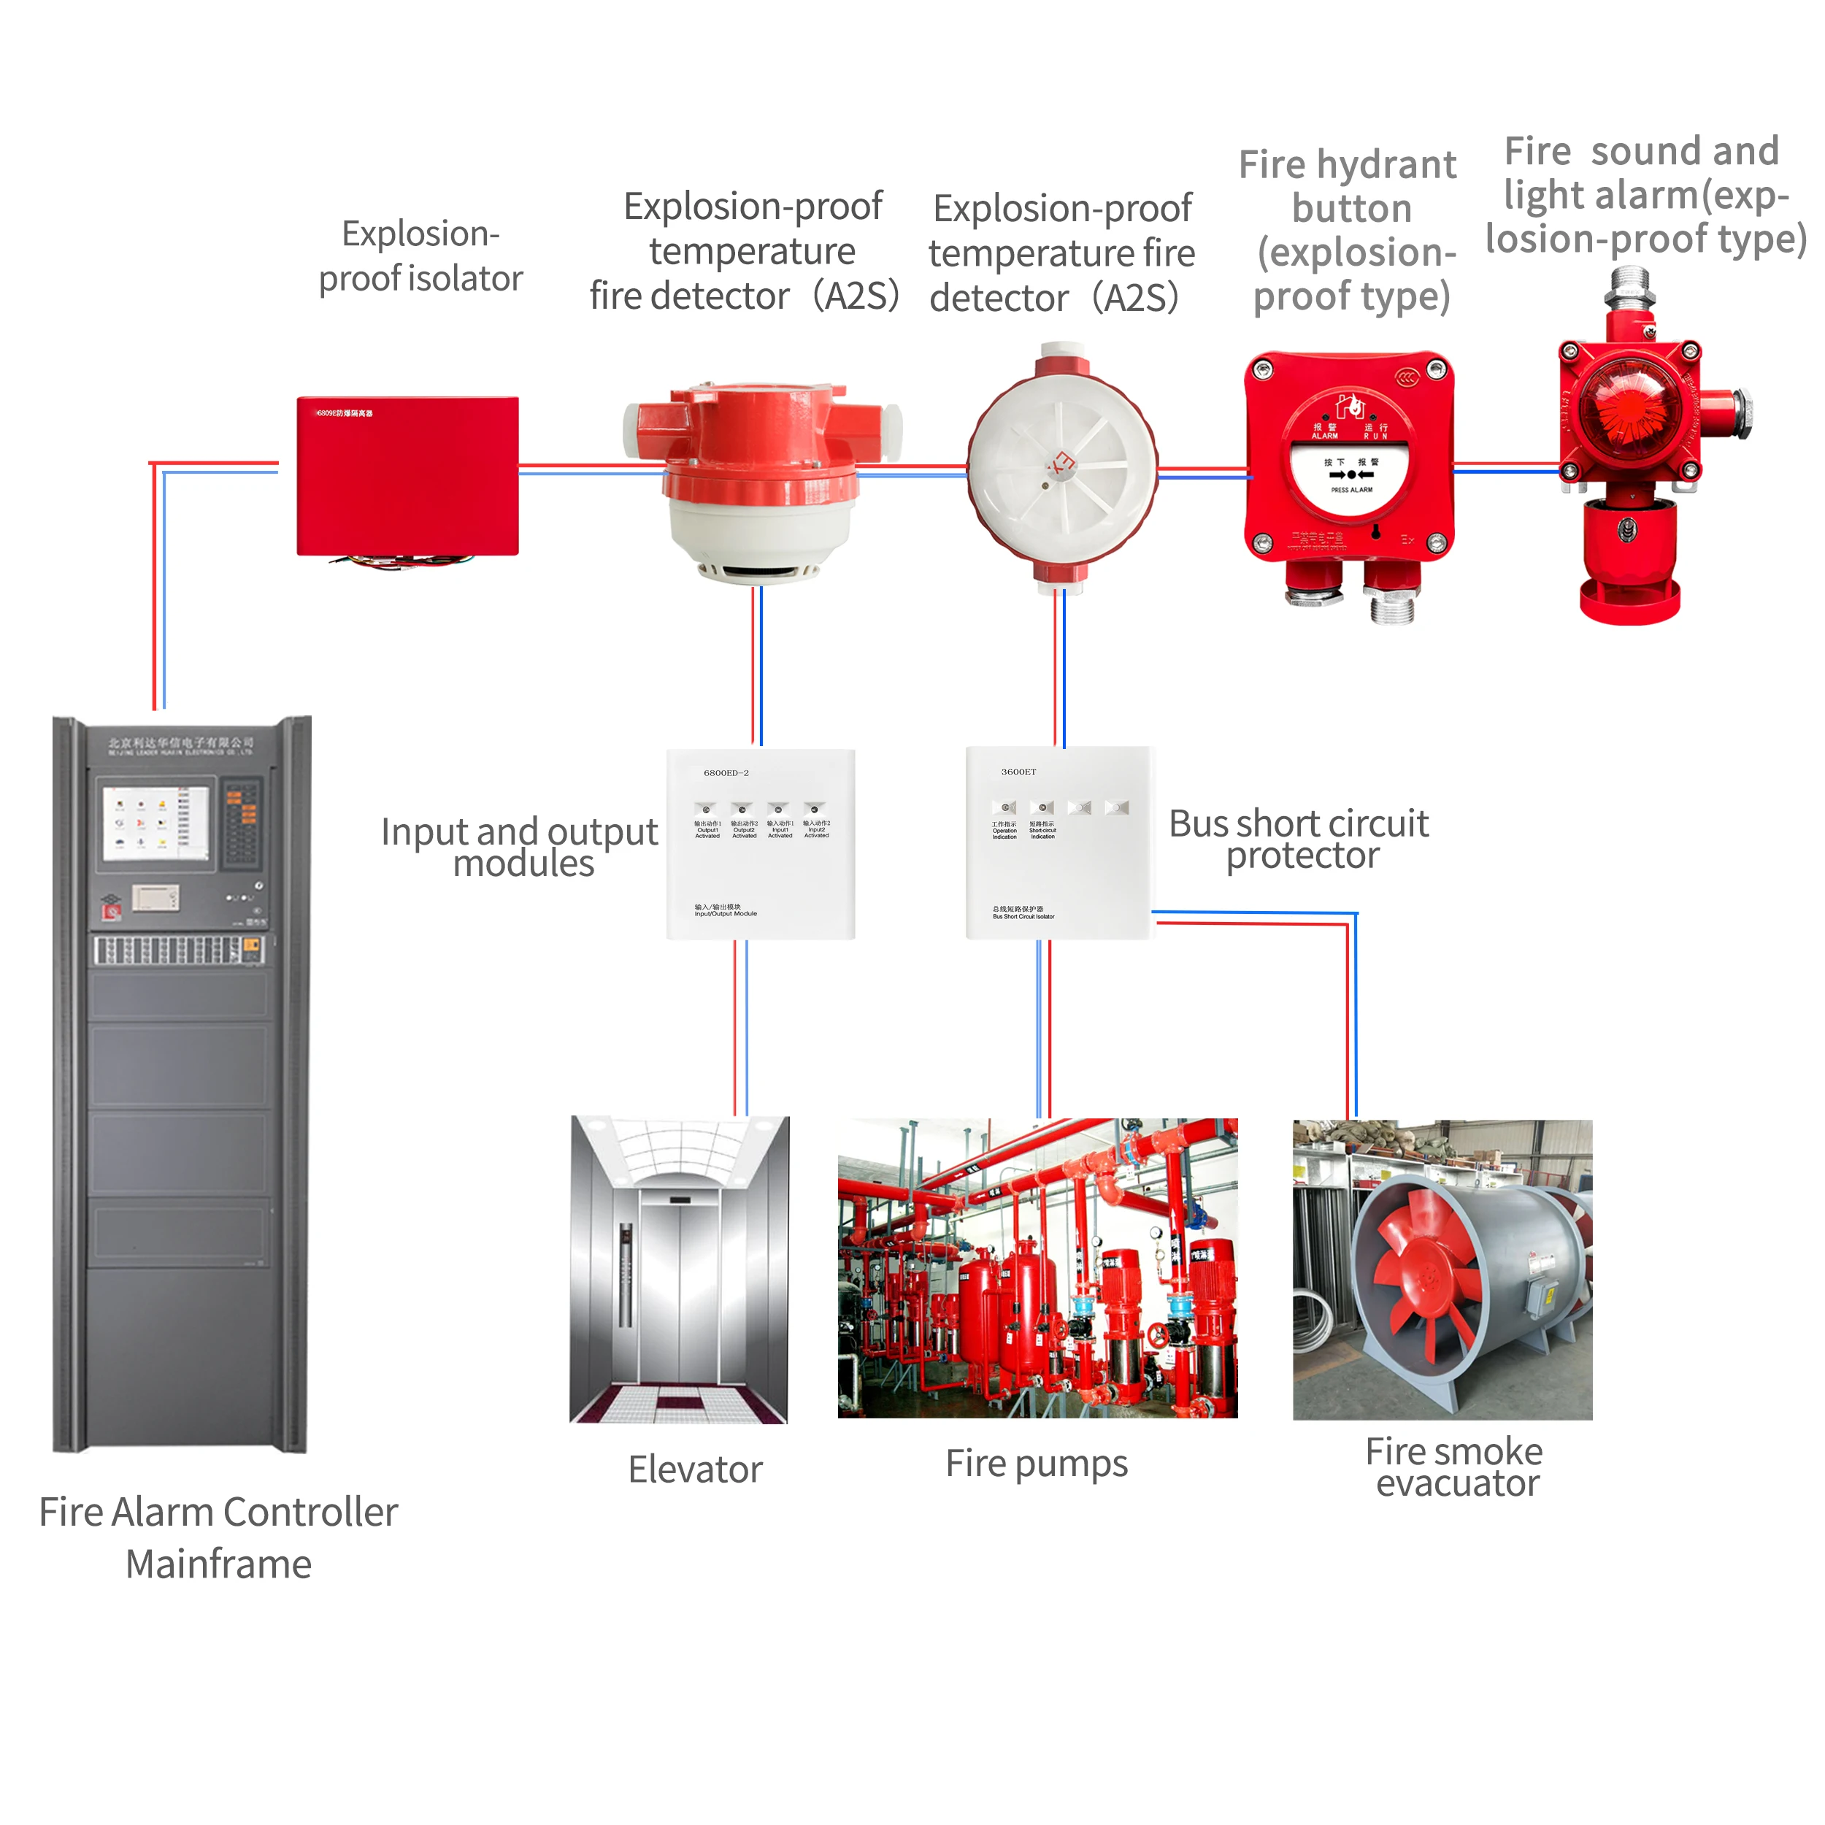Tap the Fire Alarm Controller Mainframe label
[x=218, y=1538]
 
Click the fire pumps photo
[x=1037, y=1268]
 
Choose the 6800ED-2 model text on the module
[x=726, y=772]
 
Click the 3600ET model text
[x=1018, y=772]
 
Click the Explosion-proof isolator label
[x=420, y=256]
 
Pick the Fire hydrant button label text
[x=1350, y=231]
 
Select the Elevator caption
[x=695, y=1469]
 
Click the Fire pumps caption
[x=1037, y=1463]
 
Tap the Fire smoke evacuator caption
[x=1455, y=1467]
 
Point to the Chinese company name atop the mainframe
[x=180, y=742]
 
